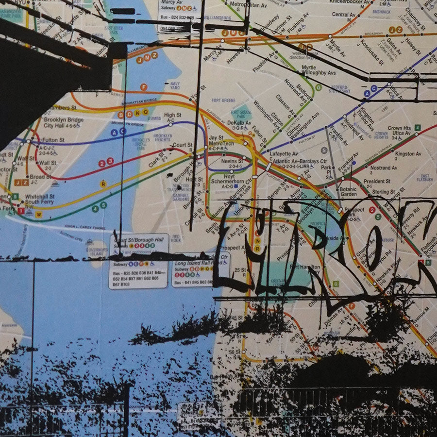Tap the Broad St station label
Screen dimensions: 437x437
37,177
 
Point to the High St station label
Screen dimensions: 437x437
173,116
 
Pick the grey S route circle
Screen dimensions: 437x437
324,151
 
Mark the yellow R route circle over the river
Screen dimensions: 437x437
103,184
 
